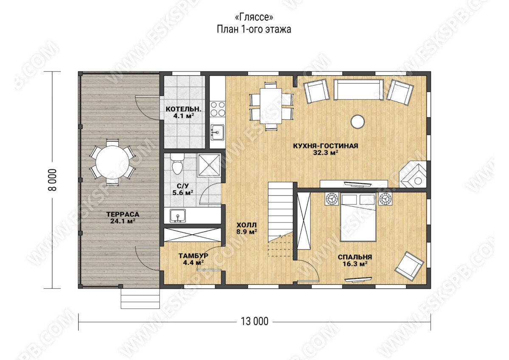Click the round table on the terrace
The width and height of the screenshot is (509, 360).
(112, 162)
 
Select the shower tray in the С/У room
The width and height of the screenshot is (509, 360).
(209, 165)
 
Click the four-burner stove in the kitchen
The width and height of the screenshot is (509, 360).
(218, 109)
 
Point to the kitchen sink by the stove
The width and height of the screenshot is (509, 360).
(217, 132)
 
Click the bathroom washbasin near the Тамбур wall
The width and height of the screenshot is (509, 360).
(178, 216)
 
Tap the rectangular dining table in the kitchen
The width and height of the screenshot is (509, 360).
(271, 106)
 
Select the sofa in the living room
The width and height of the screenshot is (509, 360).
(358, 90)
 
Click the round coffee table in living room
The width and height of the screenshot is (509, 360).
(358, 122)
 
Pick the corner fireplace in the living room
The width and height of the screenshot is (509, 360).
(413, 174)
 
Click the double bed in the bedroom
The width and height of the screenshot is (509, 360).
(358, 217)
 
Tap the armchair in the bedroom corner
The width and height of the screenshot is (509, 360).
(409, 266)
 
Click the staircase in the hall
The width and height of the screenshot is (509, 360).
(280, 219)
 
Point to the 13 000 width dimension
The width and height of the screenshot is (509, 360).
(255, 322)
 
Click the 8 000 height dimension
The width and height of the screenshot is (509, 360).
(53, 180)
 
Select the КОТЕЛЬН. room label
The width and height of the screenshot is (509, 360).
(183, 109)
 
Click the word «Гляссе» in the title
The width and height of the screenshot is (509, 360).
(254, 17)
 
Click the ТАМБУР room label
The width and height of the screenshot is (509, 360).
(193, 256)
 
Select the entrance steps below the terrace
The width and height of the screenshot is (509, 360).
(140, 298)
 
